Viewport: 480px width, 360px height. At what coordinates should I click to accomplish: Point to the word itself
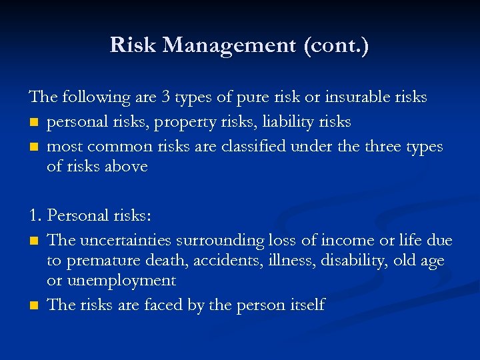tap(307, 305)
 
